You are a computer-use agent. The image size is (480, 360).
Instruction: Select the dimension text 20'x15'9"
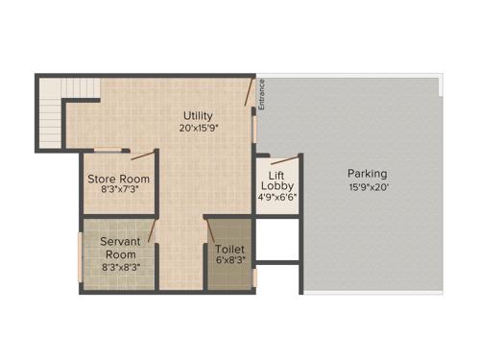199,128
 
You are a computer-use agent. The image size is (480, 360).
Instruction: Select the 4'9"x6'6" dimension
276,198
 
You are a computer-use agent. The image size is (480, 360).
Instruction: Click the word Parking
368,174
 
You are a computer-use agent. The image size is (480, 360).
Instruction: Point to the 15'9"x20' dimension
368,186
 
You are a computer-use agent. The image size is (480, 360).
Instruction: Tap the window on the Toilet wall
255,277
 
